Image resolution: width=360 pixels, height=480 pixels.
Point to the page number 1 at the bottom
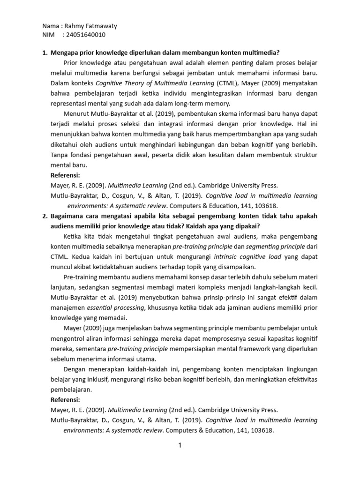pyautogui.click(x=179, y=446)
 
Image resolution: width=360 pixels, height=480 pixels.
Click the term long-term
pyautogui.click(x=188, y=104)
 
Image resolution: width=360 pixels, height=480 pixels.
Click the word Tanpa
pyautogui.click(x=59, y=156)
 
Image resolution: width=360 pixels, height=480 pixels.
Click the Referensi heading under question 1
pyautogui.click(x=65, y=175)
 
